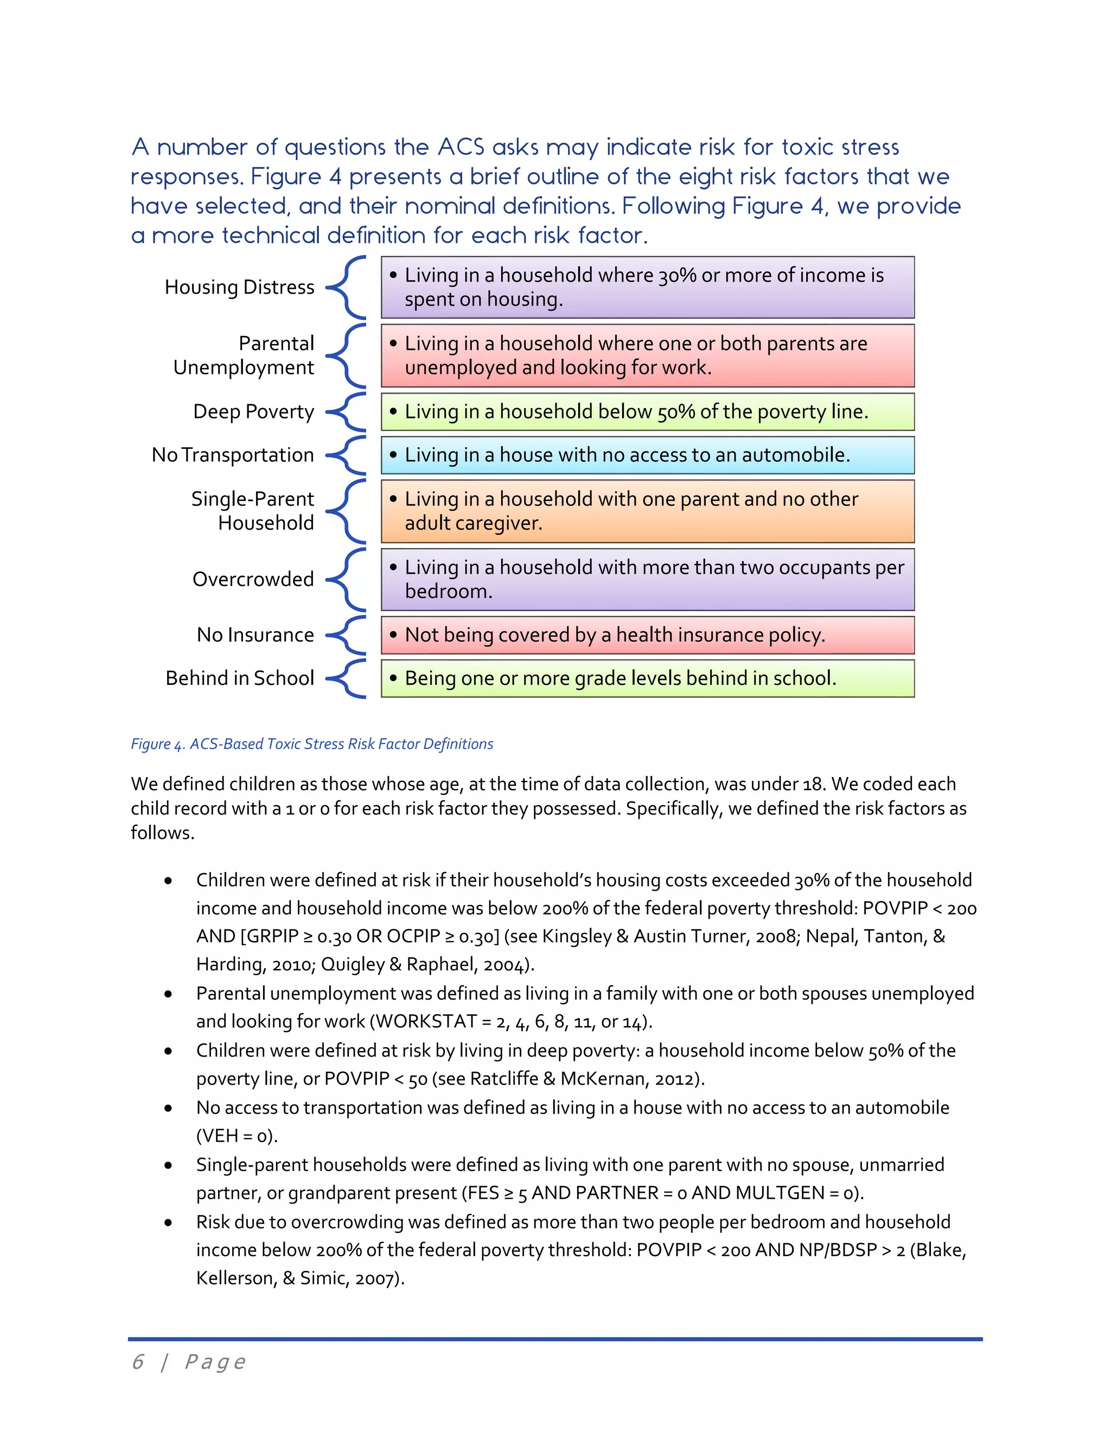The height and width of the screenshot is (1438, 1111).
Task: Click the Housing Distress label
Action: (240, 287)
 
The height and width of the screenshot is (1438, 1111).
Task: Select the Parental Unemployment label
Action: (244, 355)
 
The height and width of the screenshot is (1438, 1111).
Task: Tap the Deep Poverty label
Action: (253, 411)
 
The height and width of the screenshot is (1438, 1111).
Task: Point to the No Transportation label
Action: (233, 455)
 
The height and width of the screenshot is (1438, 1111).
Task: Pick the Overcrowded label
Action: (253, 580)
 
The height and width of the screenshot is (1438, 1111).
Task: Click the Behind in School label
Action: (240, 678)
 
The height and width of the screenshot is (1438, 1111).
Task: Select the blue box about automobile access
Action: (648, 455)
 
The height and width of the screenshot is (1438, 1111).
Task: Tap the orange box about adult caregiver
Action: (648, 512)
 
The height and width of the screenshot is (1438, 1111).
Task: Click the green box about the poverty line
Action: (648, 411)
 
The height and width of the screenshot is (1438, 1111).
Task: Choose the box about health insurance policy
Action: (648, 635)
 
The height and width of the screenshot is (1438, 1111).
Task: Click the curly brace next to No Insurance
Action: (347, 635)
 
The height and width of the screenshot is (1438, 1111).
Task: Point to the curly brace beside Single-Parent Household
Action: (347, 512)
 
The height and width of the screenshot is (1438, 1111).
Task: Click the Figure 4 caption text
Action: (312, 744)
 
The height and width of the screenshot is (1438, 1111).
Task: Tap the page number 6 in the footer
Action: (138, 1361)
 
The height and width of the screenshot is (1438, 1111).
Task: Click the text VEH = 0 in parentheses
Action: (237, 1136)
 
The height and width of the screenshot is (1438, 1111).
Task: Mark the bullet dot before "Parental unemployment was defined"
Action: (169, 994)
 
